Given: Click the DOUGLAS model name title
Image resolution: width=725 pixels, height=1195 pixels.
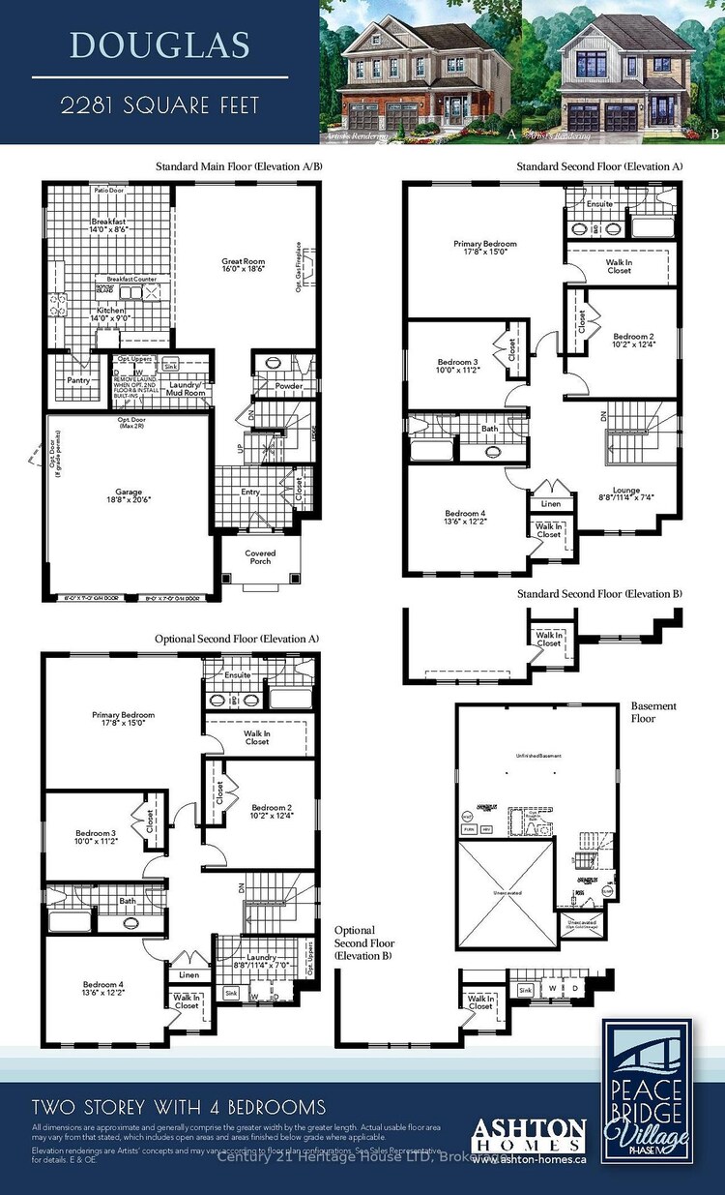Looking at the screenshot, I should [159, 45].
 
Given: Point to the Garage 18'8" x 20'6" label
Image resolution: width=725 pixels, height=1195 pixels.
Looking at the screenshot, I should [128, 496].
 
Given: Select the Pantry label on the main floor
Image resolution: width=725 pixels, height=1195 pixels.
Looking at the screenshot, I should [78, 380].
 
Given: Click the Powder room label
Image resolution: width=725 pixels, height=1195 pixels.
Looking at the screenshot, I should [289, 386].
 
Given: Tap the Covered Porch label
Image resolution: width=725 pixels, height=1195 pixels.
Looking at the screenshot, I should [260, 557].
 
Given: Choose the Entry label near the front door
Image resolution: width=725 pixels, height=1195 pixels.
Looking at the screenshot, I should [251, 493].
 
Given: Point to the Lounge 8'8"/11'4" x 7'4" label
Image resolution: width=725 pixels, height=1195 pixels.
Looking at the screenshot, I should [626, 494].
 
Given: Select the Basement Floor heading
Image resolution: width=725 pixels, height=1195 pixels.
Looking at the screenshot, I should [654, 712].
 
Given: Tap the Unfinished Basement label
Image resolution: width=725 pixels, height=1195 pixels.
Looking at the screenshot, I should [537, 756].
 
